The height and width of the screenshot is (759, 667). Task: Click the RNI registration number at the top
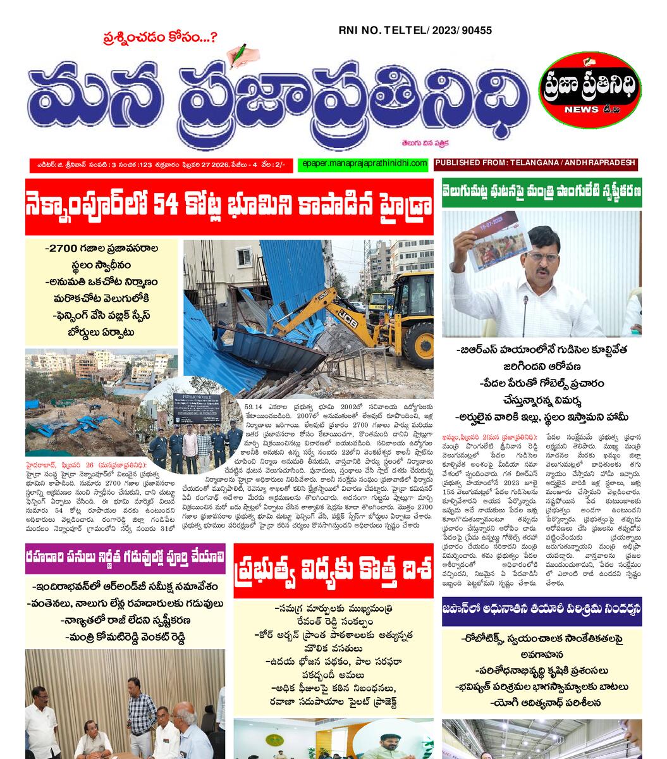click(415, 30)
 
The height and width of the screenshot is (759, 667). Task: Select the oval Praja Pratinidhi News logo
click(589, 92)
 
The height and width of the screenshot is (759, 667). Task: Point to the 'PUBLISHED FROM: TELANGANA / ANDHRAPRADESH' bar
click(535, 163)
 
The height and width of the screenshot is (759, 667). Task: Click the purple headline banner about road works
click(125, 558)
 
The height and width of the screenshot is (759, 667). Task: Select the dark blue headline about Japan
click(541, 610)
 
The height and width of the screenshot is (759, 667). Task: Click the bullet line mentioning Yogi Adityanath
click(541, 702)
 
